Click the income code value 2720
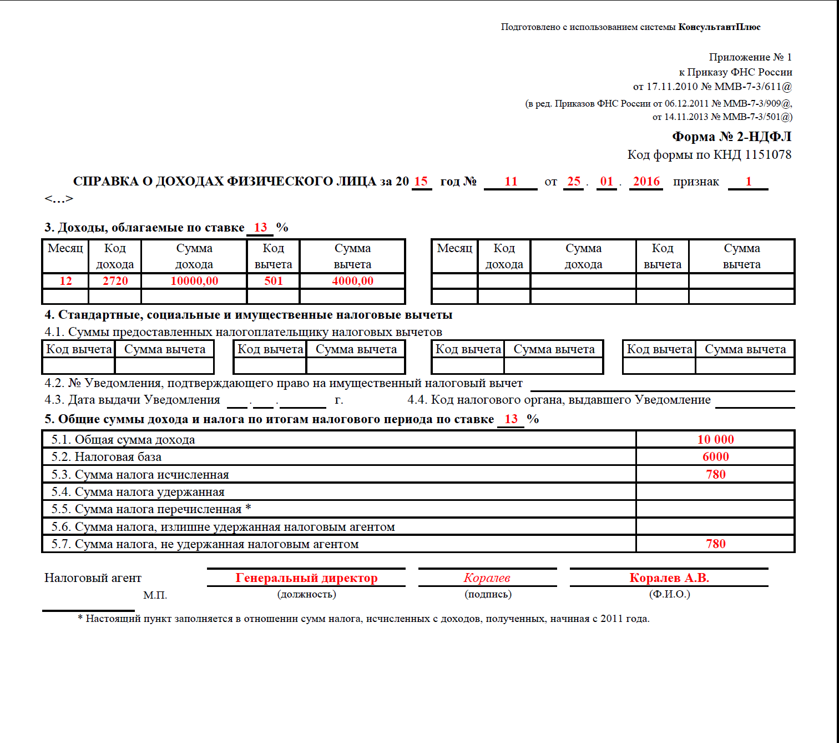115,281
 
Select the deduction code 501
274,281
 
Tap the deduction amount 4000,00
352,281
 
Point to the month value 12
65,281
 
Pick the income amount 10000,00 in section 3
194,281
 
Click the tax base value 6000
715,457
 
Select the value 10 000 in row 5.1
715,440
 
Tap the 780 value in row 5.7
715,544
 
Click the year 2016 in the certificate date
646,182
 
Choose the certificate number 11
511,182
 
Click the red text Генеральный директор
306,578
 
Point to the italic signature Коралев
487,578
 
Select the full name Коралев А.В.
669,578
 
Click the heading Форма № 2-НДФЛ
731,137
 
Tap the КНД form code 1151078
768,155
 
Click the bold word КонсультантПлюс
719,27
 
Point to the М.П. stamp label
155,595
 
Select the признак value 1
749,182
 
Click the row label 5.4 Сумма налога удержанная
138,492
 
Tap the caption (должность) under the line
306,594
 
